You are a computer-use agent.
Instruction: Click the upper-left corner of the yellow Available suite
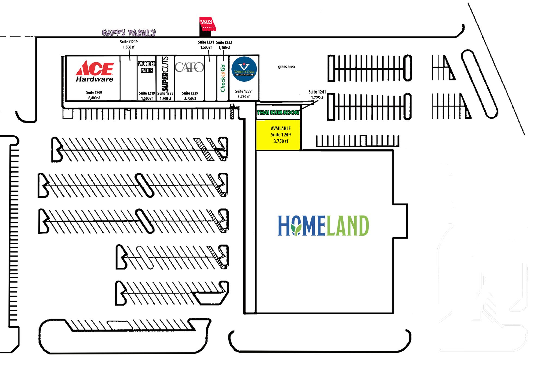click(256, 121)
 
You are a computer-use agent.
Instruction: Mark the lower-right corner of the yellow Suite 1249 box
click(300, 150)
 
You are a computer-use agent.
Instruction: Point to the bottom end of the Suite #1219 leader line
click(130, 61)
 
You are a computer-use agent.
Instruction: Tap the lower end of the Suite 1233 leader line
click(223, 61)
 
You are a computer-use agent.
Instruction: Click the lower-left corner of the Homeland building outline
click(256, 313)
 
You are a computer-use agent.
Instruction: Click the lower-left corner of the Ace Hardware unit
click(67, 101)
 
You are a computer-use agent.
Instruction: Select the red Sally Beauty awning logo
click(208, 24)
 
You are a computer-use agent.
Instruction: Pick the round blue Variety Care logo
click(244, 69)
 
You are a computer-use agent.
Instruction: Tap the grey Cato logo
click(189, 67)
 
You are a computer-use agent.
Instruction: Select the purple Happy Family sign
click(129, 33)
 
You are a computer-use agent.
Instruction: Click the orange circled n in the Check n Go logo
click(223, 74)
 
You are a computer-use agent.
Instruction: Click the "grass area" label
click(286, 67)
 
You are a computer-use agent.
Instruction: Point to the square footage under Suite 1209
click(94, 98)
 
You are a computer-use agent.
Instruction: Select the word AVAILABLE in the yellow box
click(281, 128)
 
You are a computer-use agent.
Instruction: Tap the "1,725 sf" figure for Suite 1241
click(317, 98)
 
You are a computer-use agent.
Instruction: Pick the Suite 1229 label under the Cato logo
click(190, 93)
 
